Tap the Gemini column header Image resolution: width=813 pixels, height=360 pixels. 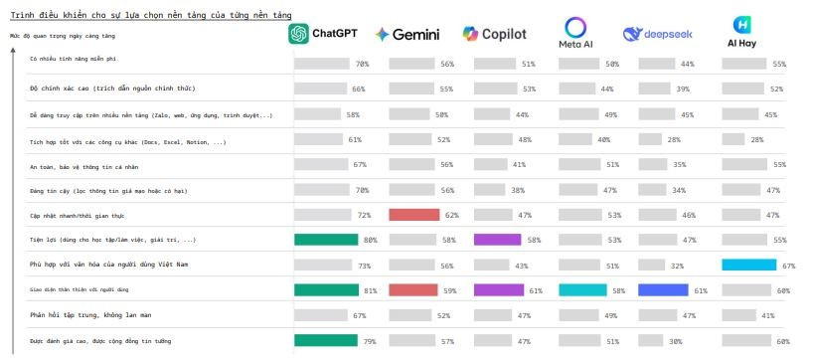[407, 34]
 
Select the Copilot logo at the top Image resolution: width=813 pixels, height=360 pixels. [494, 34]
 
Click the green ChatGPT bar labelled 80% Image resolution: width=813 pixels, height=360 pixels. [326, 240]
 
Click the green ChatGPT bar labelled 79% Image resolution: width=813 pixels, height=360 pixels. [325, 341]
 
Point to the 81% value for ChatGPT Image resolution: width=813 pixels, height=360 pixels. [370, 290]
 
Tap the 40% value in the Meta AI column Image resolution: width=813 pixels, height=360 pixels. [603, 139]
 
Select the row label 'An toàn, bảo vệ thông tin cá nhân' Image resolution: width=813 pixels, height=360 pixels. [81, 164]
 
